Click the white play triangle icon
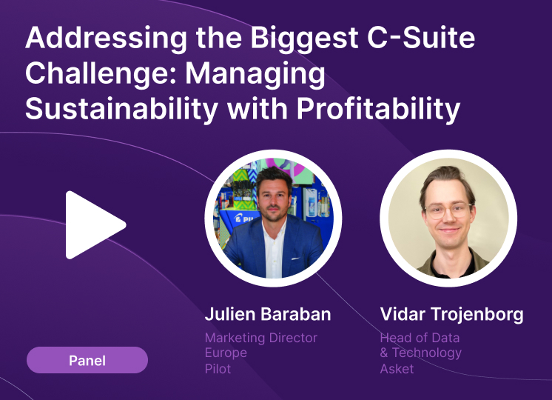coord(92,225)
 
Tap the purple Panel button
coord(87,360)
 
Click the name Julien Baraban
coord(268,314)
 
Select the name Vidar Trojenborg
coord(451,314)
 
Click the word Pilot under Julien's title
coord(218,369)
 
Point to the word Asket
coord(397,369)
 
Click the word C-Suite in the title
coord(421,37)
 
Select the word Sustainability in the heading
coord(121,109)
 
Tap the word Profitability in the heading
coord(378,109)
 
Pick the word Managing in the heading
coord(255,74)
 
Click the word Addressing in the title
coord(106,38)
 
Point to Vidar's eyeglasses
coord(448,210)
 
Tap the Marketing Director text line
coord(261,338)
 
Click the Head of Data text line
coord(420,338)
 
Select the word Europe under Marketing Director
coord(226,353)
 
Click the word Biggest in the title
coord(304,38)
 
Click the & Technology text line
coord(421,353)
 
